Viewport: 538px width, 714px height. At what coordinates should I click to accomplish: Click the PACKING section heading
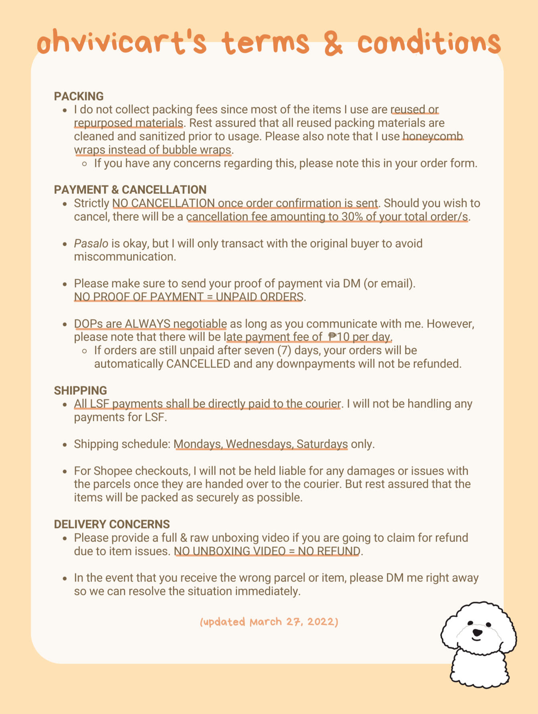[x=79, y=96]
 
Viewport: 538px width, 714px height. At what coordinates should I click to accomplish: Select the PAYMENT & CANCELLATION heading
[x=130, y=190]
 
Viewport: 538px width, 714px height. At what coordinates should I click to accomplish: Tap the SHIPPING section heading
[x=81, y=390]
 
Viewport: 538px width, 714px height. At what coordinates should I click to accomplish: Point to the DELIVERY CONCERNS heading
[x=112, y=524]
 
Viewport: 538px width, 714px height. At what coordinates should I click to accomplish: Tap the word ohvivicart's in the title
[x=121, y=43]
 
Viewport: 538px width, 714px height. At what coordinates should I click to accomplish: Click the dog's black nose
[x=477, y=633]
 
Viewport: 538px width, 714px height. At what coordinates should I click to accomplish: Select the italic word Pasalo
[x=91, y=243]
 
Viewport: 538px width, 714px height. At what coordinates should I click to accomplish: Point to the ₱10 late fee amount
[x=339, y=337]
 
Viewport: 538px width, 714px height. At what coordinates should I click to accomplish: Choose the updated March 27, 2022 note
[x=269, y=622]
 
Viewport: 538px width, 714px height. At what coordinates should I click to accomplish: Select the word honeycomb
[x=433, y=136]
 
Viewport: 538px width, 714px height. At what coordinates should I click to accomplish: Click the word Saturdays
[x=322, y=444]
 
